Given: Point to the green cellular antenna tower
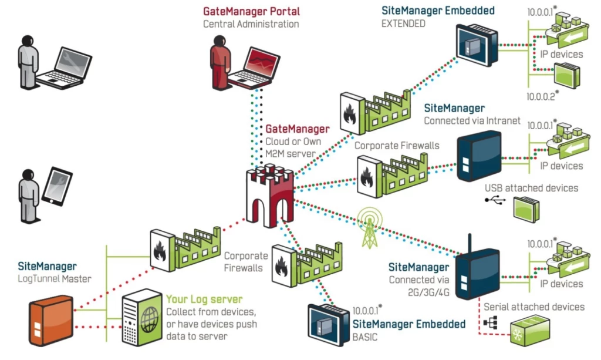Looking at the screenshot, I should (x=369, y=226).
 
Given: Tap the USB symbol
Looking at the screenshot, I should (x=495, y=201).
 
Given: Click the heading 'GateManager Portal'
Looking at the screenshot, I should (x=251, y=11).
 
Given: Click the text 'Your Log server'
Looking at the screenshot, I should (x=204, y=300).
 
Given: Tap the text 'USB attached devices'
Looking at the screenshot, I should (x=531, y=188).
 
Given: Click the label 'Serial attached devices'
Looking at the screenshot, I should (x=534, y=307).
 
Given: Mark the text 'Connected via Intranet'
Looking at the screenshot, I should (x=472, y=121).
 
